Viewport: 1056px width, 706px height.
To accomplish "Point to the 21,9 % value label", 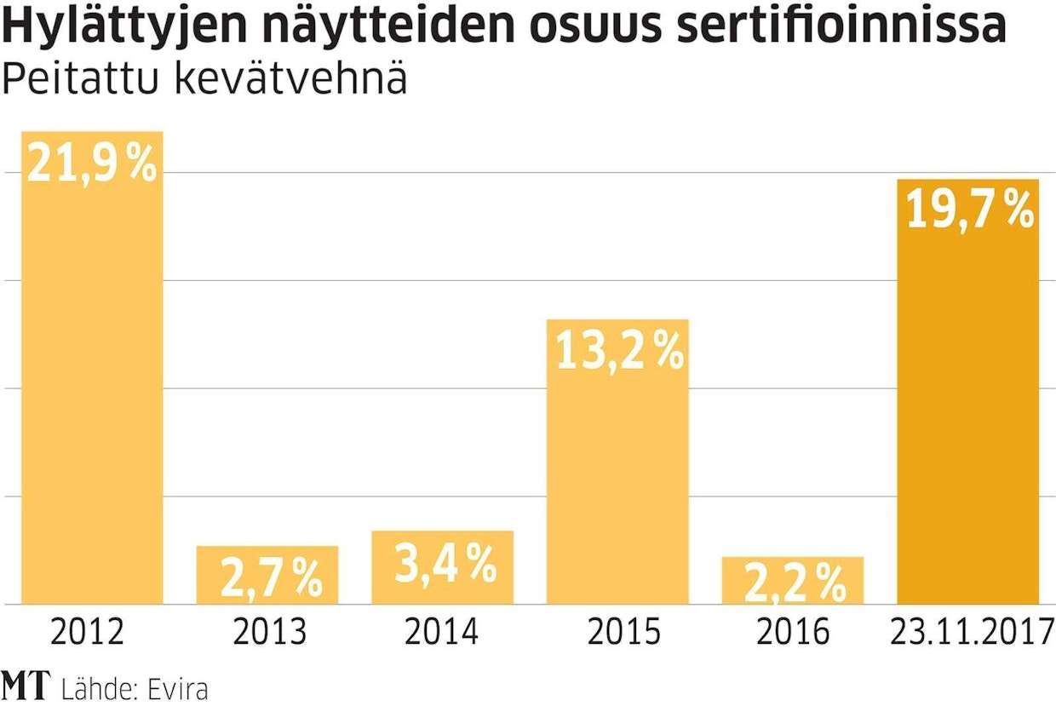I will [x=92, y=164].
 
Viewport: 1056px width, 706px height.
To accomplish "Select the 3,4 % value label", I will [x=445, y=564].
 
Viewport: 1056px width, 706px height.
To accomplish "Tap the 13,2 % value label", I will [x=619, y=351].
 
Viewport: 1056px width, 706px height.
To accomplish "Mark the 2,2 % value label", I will [x=795, y=583].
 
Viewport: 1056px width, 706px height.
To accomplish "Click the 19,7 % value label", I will [x=969, y=210].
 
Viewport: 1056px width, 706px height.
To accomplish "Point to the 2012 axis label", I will [x=88, y=633].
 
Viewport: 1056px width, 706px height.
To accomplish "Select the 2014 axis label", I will [x=441, y=633].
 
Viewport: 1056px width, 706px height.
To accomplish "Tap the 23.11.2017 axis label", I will [x=968, y=633].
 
